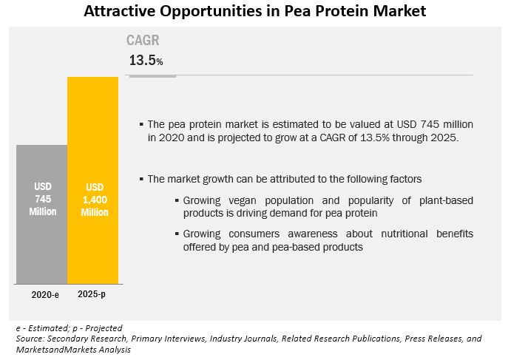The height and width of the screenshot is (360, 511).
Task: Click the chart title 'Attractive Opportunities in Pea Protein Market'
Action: click(x=254, y=11)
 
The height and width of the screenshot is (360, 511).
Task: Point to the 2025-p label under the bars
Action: click(x=92, y=294)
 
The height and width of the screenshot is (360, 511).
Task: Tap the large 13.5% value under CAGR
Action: click(x=146, y=61)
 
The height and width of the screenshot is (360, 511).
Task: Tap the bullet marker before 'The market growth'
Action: click(x=142, y=179)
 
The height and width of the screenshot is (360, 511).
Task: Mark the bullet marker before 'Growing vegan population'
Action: click(x=177, y=201)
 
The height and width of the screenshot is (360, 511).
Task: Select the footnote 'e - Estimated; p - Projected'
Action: click(x=69, y=327)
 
